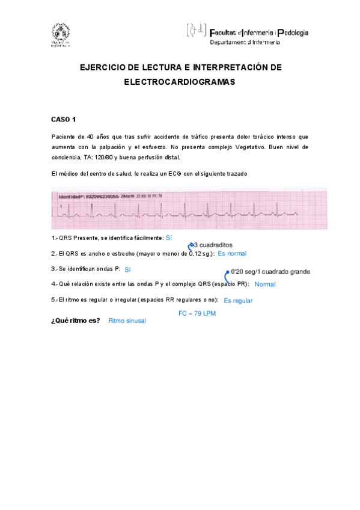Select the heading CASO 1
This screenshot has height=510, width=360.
[x=63, y=119]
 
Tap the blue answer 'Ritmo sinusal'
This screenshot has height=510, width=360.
[x=127, y=321]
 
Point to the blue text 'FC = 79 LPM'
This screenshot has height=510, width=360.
[x=197, y=313]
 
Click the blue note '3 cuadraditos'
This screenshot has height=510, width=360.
[x=214, y=245]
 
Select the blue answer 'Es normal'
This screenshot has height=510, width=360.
[x=232, y=254]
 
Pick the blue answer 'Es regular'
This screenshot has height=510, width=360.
[x=238, y=301]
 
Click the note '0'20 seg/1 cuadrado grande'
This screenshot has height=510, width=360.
[x=270, y=272]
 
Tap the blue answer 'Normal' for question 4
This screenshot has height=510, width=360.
[x=264, y=284]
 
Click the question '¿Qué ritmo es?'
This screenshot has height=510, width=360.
[x=76, y=321]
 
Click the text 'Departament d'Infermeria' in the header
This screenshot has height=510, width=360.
[x=245, y=42]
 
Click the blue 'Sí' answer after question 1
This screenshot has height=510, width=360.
[x=169, y=238]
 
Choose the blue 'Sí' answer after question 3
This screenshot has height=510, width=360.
[x=127, y=270]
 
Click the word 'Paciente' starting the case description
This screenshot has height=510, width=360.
[x=64, y=137]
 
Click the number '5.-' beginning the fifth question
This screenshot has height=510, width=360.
[x=55, y=300]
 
